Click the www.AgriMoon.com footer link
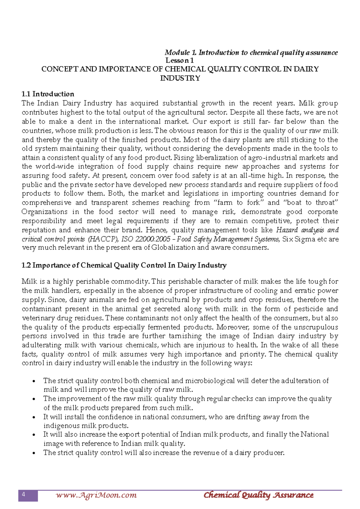(96, 495)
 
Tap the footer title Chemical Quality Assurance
(258, 495)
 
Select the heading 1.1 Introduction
(48, 94)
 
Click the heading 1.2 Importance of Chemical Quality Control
(124, 265)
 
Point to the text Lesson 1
(179, 60)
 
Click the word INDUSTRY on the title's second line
(180, 78)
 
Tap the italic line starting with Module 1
(251, 53)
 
